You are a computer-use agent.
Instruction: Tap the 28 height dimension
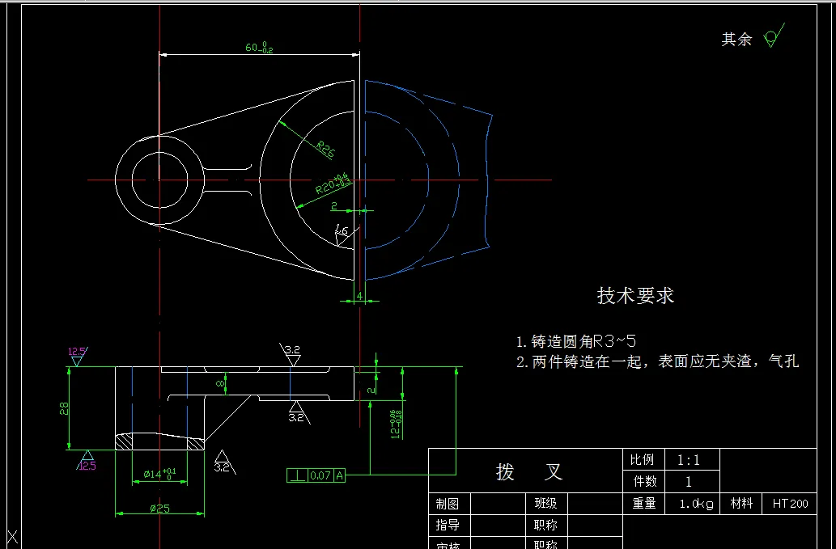(x=64, y=408)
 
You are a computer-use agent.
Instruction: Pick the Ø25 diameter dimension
(x=159, y=509)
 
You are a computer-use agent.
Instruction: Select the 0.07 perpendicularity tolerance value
(x=320, y=475)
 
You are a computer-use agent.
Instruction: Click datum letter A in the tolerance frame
(x=339, y=475)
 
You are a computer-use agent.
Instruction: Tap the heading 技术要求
(x=635, y=296)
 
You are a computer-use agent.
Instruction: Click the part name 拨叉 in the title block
(x=528, y=471)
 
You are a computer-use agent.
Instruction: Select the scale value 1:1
(x=688, y=460)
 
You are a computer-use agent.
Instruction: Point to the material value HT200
(x=790, y=504)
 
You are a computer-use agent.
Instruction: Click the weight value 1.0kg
(x=696, y=504)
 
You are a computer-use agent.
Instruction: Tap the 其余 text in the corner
(x=736, y=40)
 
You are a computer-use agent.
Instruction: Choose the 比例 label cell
(x=642, y=460)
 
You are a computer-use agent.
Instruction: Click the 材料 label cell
(x=741, y=503)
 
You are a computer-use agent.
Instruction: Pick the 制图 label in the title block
(x=448, y=503)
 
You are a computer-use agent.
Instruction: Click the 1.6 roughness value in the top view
(x=342, y=232)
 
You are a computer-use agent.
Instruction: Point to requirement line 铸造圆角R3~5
(x=577, y=341)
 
